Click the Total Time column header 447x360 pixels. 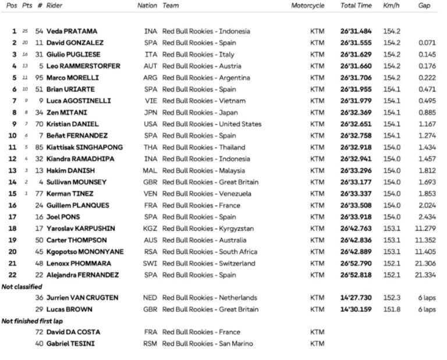pyautogui.click(x=356, y=6)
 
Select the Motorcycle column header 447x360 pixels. pyautogui.click(x=308, y=6)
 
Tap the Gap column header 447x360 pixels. pyautogui.click(x=424, y=6)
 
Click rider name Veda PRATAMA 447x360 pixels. pyautogui.click(x=72, y=31)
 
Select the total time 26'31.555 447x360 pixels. pyautogui.click(x=356, y=43)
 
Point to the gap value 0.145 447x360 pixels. pyautogui.click(x=427, y=55)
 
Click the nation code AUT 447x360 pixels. pyautogui.click(x=150, y=66)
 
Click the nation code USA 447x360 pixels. pyautogui.click(x=150, y=124)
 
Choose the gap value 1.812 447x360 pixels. pyautogui.click(x=427, y=170)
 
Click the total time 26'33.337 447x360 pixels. pyautogui.click(x=356, y=194)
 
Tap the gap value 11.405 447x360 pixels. pyautogui.click(x=425, y=252)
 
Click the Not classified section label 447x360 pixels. pyautogui.click(x=22, y=287)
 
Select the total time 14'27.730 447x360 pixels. pyautogui.click(x=356, y=298)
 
